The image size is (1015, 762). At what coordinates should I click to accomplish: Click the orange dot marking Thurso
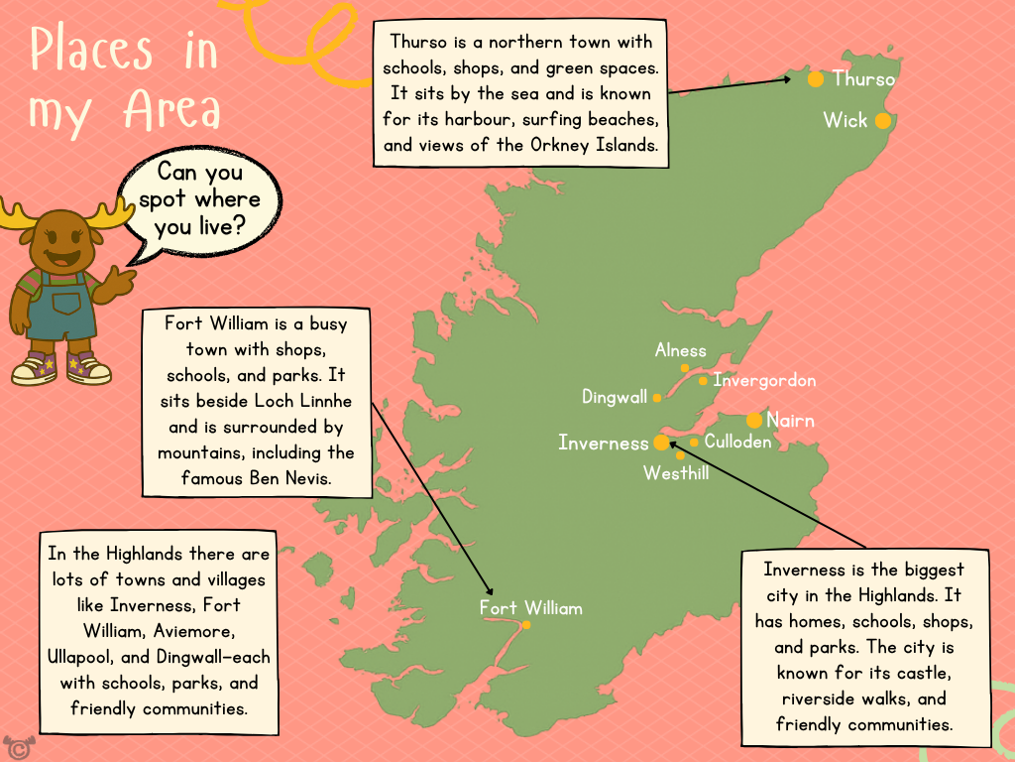point(816,78)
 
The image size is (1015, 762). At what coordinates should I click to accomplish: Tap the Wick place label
point(845,120)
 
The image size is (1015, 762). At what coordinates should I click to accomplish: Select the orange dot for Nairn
point(754,420)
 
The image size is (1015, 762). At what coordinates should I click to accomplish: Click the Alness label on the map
point(680,350)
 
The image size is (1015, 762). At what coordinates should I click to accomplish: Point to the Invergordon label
point(764,380)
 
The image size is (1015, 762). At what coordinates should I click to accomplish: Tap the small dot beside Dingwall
point(657,398)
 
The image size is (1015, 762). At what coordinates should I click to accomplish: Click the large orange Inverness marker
point(661,443)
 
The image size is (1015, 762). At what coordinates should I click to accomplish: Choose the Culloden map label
point(737,443)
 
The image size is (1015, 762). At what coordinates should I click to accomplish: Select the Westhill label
point(676,473)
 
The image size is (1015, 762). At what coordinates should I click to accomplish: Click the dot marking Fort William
point(526,625)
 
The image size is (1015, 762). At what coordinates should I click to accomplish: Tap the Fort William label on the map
point(530,607)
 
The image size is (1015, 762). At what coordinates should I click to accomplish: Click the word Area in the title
point(171,111)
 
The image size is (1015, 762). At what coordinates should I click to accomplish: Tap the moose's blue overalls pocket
point(66,302)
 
